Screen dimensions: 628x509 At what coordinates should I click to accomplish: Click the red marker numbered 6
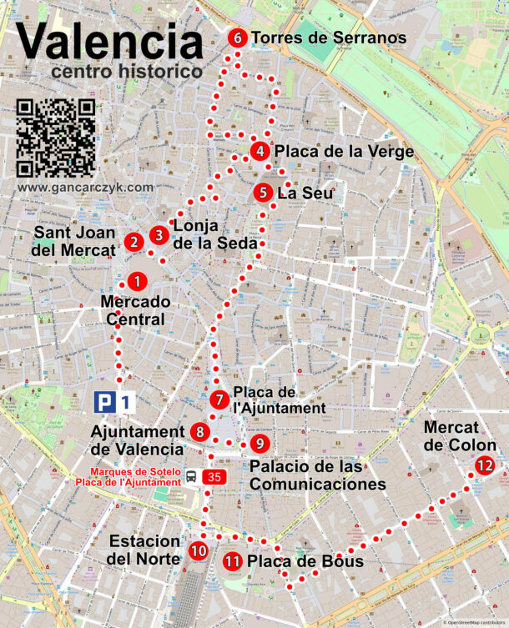(238, 38)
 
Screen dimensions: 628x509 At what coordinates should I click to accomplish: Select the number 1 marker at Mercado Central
(138, 283)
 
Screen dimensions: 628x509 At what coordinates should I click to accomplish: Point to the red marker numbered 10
(198, 550)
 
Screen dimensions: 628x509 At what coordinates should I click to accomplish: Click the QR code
(56, 138)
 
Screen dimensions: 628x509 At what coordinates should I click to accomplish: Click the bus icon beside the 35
(192, 477)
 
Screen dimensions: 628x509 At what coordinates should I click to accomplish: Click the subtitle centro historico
(126, 73)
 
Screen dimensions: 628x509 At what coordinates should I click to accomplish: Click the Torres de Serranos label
(328, 38)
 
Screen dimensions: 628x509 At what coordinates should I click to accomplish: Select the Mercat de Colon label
(460, 436)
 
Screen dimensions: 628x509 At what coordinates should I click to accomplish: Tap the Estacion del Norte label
(144, 549)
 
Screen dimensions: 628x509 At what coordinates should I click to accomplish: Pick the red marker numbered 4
(260, 152)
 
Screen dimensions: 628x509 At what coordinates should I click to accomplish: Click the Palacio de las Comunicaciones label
(317, 475)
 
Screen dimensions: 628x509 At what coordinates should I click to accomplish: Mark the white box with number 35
(215, 477)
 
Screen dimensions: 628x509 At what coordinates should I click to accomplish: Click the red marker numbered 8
(200, 432)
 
